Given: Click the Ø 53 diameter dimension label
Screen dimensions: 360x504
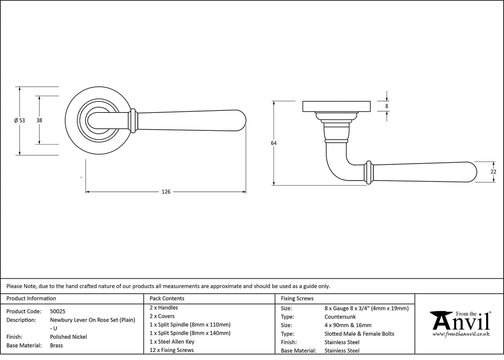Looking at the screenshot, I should pos(20,120).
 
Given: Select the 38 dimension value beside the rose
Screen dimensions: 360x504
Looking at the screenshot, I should pos(39,120).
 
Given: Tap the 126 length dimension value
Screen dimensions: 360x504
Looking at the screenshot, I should pos(166,192).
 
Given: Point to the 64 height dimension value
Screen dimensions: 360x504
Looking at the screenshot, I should pos(274,143).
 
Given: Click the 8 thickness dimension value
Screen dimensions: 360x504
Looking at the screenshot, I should pos(387,106).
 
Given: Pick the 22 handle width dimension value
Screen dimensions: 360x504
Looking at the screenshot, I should pos(493,172).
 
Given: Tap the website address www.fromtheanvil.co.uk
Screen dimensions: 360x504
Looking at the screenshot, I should pos(461,334).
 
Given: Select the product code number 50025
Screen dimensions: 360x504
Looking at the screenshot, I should pos(58,311).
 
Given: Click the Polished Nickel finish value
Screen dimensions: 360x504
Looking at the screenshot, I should pos(69,337).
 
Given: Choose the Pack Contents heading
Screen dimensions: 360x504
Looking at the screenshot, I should pos(167,298).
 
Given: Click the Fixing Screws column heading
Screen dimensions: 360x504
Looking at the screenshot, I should pos(297,298).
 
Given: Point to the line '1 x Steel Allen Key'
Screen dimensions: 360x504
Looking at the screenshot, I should pos(172,342).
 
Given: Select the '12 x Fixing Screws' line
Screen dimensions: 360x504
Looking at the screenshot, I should pos(171,350).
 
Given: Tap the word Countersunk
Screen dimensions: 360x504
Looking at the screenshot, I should pos(340,317).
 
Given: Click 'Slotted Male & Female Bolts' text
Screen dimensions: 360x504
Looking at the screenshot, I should pos(359,334).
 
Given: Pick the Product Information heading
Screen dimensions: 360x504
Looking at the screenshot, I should pos(32,298).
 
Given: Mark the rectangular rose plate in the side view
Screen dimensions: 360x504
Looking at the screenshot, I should pos(337,106).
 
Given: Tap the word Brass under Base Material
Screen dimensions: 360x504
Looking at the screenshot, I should pos(56,345).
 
